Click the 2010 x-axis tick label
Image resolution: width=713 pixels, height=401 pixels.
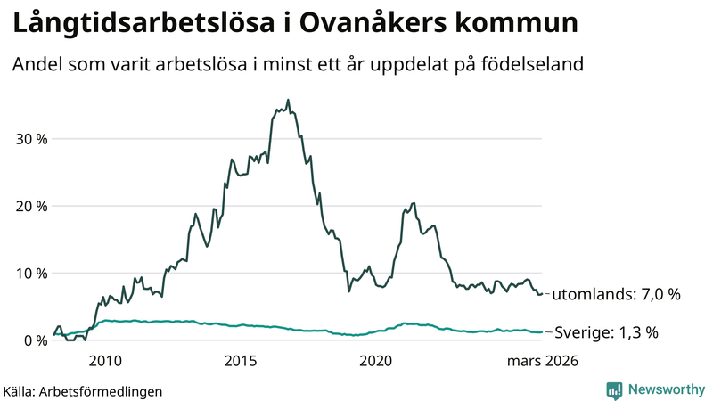(105, 361)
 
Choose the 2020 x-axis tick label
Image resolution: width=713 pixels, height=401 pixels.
(375, 361)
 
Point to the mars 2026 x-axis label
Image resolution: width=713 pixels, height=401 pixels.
(543, 361)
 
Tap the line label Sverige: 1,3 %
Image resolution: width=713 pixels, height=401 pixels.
(606, 332)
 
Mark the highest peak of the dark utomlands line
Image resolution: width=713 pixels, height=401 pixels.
(287, 100)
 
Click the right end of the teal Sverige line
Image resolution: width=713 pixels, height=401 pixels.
(542, 331)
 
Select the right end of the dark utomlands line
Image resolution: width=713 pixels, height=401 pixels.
(542, 294)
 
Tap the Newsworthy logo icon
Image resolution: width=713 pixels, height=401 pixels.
(614, 389)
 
